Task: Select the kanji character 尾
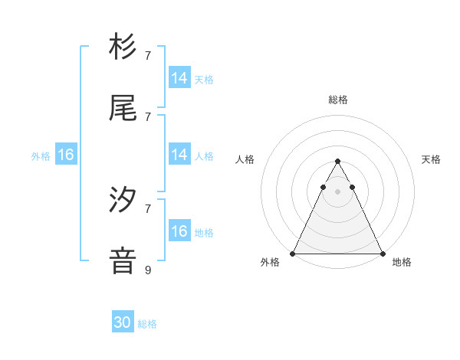[x=123, y=108]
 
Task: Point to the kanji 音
[x=123, y=261]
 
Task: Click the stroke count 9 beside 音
[x=148, y=270]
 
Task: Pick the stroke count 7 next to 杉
[x=148, y=55]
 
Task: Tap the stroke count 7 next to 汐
[x=148, y=208]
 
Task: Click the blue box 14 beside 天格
[x=179, y=78]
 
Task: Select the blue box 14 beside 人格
[x=179, y=155]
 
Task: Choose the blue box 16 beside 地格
[x=179, y=231]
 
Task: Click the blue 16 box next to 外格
[x=66, y=155]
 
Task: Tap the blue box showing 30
[x=123, y=322]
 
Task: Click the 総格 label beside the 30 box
[x=147, y=324]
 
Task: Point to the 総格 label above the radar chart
[x=337, y=100]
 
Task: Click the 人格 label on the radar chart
[x=245, y=159]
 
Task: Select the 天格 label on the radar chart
[x=432, y=159]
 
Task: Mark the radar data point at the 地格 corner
[x=382, y=253]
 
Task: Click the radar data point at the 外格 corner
[x=293, y=253]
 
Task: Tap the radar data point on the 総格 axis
[x=337, y=162]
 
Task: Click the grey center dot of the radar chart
[x=337, y=191]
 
